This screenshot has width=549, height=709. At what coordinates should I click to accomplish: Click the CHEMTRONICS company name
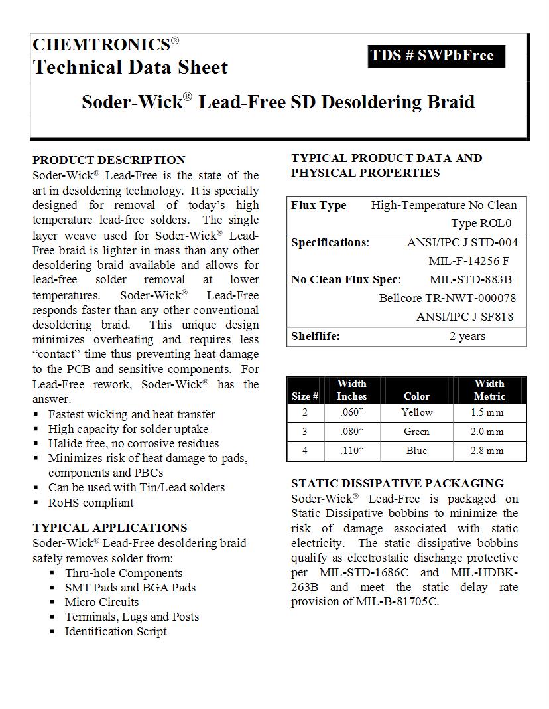(101, 45)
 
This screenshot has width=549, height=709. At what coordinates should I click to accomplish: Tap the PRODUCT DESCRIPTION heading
(109, 160)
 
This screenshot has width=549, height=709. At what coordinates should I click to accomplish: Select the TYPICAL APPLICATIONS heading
(109, 528)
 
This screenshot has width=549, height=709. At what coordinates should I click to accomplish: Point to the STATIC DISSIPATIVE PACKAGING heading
(397, 483)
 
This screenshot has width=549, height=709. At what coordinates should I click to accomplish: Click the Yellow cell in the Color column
(416, 412)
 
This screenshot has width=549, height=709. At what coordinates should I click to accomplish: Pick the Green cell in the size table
(416, 432)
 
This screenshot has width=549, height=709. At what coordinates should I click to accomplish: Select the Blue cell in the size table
(416, 451)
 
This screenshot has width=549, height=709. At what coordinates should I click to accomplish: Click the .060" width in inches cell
(352, 412)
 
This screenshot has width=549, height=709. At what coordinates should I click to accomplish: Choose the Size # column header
(305, 396)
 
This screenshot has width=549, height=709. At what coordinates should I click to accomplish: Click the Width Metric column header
(489, 390)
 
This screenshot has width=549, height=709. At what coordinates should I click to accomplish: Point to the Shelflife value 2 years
(467, 336)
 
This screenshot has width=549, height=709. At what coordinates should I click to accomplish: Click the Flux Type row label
(319, 206)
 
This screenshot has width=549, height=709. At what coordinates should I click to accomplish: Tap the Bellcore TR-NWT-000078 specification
(447, 298)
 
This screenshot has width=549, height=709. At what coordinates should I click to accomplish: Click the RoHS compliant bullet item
(91, 503)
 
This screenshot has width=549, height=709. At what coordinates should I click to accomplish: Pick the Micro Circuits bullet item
(101, 602)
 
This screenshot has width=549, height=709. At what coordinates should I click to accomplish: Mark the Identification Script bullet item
(115, 631)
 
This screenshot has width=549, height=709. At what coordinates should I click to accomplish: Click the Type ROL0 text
(481, 224)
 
